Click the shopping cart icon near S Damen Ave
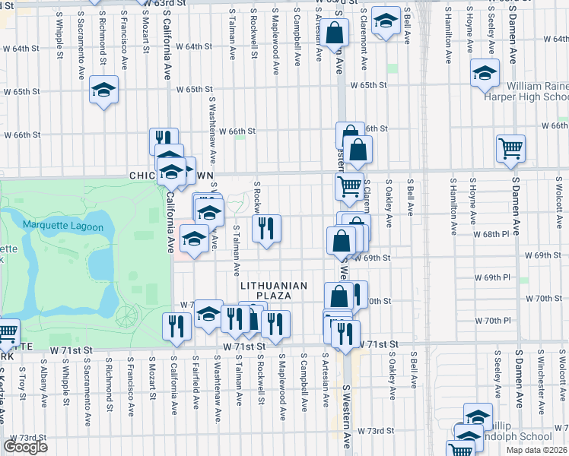[x=510, y=148]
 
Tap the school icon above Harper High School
[x=484, y=73]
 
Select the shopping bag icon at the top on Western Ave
[x=334, y=33]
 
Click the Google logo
[x=25, y=446]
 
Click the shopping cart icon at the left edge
[x=6, y=331]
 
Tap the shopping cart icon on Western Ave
[x=349, y=185]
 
